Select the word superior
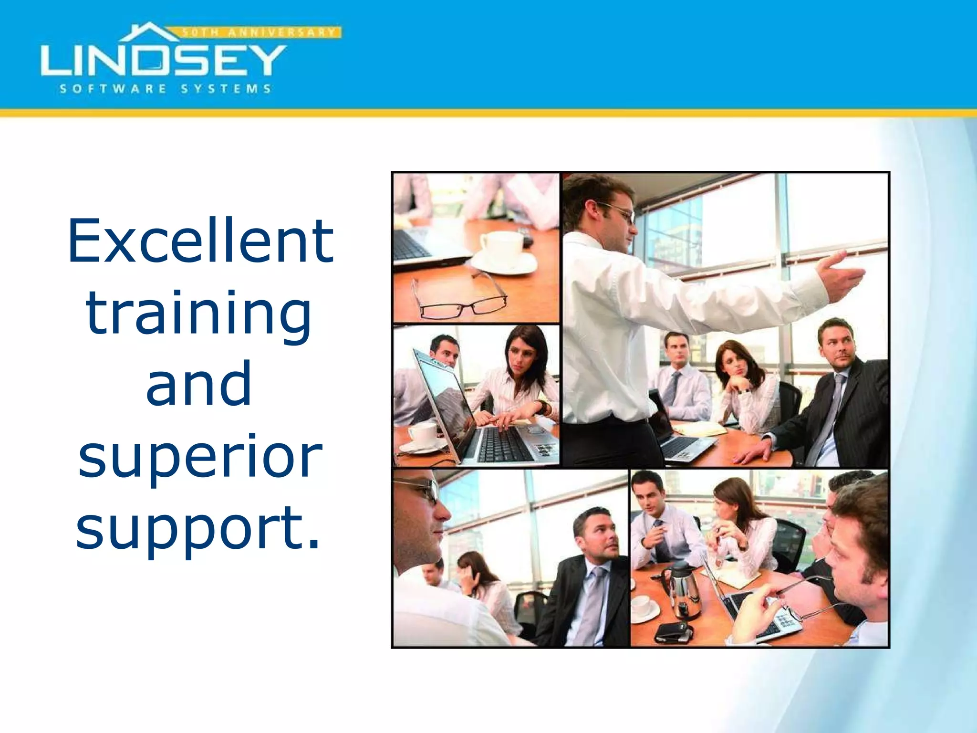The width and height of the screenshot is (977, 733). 200,457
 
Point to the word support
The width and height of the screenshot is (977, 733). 191,529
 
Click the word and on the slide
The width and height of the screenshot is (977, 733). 198,384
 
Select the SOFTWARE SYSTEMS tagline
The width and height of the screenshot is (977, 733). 165,89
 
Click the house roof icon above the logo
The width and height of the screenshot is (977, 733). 149,32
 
